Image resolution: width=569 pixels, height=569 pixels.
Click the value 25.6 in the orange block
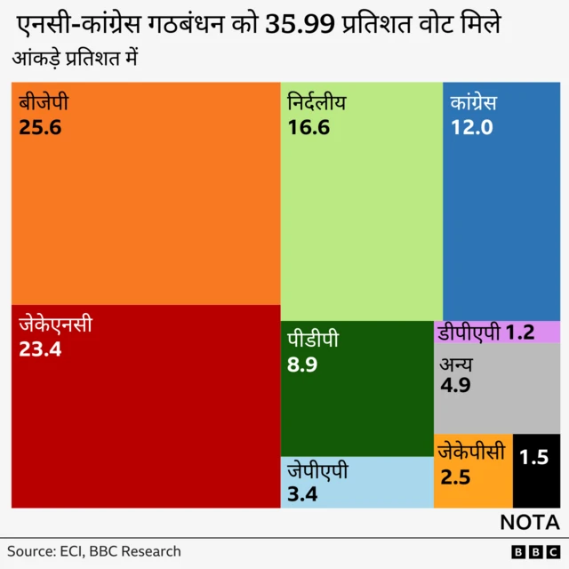click(40, 127)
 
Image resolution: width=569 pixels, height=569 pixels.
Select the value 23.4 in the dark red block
click(40, 349)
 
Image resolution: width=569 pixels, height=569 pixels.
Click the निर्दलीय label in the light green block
click(317, 103)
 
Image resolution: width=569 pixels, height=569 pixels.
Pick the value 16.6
click(309, 127)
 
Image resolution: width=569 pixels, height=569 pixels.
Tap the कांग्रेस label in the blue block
click(473, 103)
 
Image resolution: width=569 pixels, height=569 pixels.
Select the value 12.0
click(471, 127)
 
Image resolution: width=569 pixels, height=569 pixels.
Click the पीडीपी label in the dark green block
click(312, 341)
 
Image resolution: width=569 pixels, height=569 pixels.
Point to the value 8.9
click(302, 365)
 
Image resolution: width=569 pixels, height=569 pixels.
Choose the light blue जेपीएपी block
click(357, 482)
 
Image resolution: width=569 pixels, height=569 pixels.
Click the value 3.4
click(302, 493)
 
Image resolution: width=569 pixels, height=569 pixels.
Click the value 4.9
click(455, 386)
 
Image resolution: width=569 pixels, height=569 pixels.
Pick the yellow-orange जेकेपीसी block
click(473, 471)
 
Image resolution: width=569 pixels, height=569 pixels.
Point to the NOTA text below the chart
click(529, 522)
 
